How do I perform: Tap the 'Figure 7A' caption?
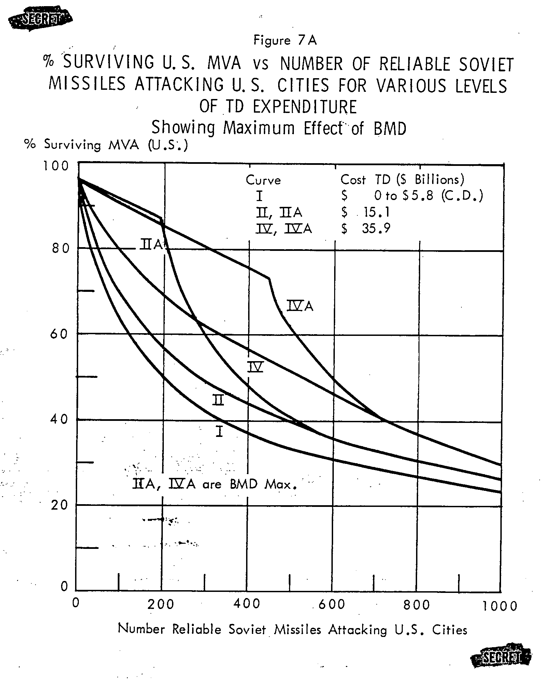tap(285, 40)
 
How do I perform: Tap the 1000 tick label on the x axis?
tap(500, 606)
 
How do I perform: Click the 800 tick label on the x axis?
tap(416, 605)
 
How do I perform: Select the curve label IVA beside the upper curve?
tap(300, 306)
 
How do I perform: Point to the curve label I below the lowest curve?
tap(219, 431)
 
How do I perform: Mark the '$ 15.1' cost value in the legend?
tap(365, 212)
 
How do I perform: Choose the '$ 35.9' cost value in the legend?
tap(366, 228)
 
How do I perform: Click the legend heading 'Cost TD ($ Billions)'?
tap(402, 180)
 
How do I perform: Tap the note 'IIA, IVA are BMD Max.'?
tap(214, 484)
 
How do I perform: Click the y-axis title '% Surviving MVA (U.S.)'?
tap(106, 145)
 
